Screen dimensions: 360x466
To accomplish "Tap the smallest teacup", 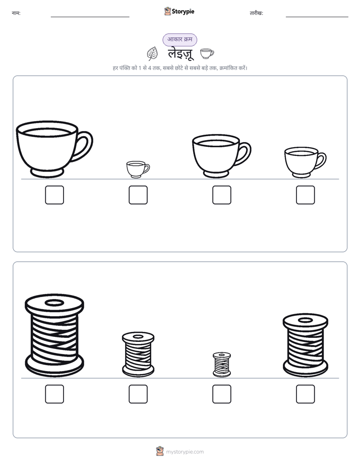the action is pos(138,169).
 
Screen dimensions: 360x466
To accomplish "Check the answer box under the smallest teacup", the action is pos(138,195).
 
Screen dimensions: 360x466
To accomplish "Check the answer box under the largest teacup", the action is pos(54,195).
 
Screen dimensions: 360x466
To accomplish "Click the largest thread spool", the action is pos(54,335).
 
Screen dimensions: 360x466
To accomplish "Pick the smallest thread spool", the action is pos(222,364).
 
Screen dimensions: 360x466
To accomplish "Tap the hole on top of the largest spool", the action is pos(54,303).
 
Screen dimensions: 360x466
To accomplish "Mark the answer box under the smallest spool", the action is pos(222,394).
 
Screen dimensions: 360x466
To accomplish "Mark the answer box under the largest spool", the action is pos(54,394).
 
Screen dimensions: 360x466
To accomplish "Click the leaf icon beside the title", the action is pos(152,54).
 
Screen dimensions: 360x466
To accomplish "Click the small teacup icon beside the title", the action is pos(207,53).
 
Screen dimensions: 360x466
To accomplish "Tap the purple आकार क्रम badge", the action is pos(179,39).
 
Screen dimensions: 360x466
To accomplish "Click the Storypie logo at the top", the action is pos(179,11).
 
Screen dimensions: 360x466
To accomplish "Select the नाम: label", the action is pos(16,13).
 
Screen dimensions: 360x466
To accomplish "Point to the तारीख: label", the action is pos(256,13).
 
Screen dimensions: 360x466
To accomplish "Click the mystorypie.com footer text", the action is pos(185,452).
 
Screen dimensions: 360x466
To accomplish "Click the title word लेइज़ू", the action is pos(181,54).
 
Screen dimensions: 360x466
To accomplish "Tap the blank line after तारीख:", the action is pos(317,17).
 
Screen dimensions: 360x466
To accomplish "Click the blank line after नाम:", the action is pos(90,17).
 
